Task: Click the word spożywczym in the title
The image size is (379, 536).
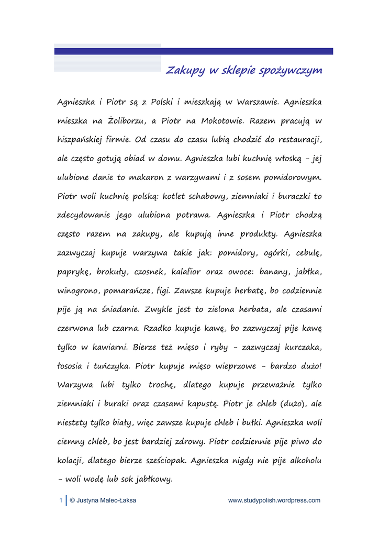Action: point(291,71)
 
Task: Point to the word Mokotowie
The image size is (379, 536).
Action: point(220,121)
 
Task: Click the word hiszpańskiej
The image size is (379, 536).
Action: point(83,140)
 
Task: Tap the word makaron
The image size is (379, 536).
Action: point(144,177)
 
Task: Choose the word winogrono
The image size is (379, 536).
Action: point(79,291)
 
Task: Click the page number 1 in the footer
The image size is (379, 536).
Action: point(61,500)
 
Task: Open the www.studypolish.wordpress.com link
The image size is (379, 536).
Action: point(274,500)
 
